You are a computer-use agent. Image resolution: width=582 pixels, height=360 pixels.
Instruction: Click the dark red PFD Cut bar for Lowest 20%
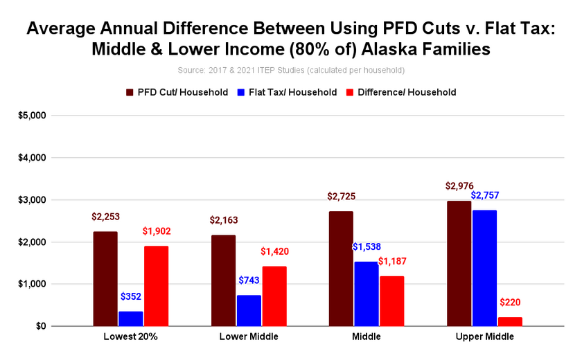pyautogui.click(x=105, y=278)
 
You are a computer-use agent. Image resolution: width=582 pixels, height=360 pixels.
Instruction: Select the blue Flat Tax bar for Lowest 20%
pyautogui.click(x=130, y=318)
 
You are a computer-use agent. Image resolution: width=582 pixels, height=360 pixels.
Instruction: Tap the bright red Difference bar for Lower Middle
pyautogui.click(x=274, y=296)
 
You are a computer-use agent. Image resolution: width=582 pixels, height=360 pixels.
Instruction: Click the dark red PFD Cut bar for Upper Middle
pyautogui.click(x=459, y=263)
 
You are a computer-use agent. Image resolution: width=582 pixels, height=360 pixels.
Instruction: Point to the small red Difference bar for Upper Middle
pyautogui.click(x=510, y=321)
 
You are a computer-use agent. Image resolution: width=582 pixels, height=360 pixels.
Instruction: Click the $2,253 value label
pyautogui.click(x=105, y=217)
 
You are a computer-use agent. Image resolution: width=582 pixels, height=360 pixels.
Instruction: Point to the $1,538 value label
pyautogui.click(x=367, y=247)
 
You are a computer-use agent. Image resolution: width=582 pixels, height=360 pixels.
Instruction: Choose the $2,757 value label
pyautogui.click(x=484, y=196)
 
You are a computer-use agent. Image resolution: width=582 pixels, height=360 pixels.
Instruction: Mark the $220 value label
pyautogui.click(x=510, y=303)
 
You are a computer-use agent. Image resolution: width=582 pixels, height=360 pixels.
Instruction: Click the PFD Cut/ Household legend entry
pyautogui.click(x=177, y=92)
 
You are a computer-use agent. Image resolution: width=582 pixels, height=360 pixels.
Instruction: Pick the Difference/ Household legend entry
pyautogui.click(x=402, y=92)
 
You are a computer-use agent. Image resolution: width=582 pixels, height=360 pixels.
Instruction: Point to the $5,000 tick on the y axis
pyautogui.click(x=32, y=116)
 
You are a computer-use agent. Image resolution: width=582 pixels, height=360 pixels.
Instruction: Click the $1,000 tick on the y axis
pyautogui.click(x=32, y=284)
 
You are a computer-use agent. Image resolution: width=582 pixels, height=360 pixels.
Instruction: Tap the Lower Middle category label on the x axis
pyautogui.click(x=249, y=337)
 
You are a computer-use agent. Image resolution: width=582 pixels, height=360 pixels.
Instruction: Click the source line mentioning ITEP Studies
pyautogui.click(x=290, y=71)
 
